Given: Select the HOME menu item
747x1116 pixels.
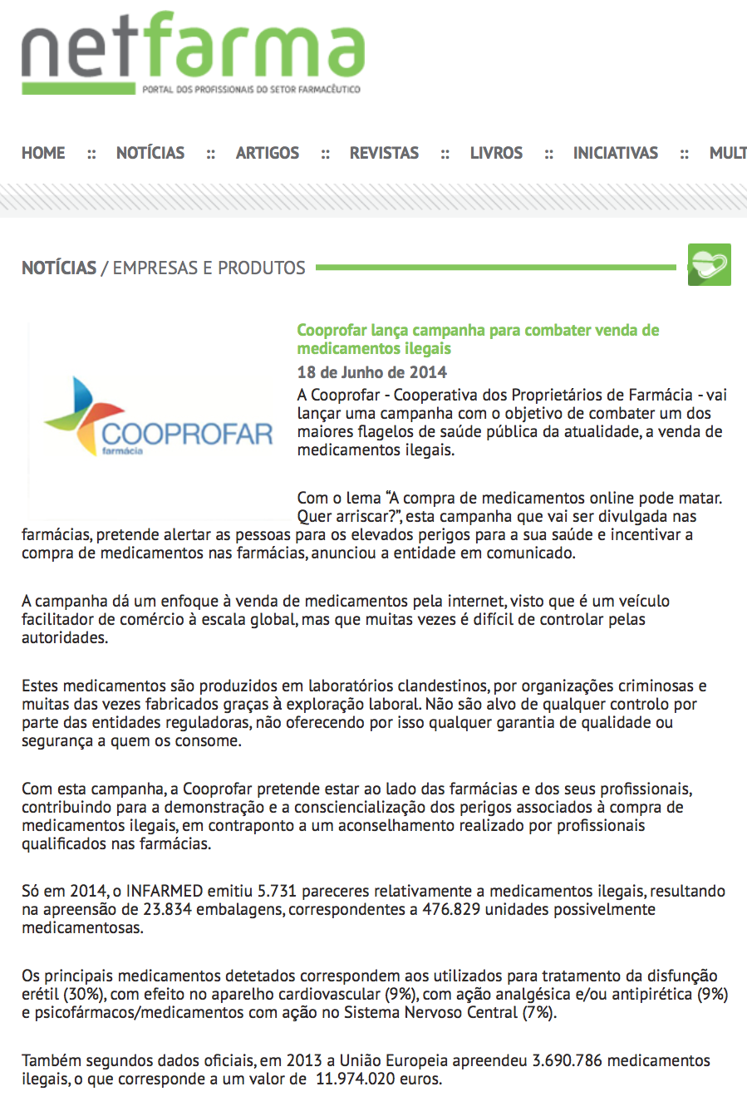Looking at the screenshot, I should click(x=43, y=153).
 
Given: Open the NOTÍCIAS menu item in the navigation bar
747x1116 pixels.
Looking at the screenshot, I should click(x=150, y=153).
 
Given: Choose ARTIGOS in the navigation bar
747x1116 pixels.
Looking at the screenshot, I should click(x=268, y=153).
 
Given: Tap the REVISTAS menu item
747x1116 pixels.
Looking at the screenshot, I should click(x=384, y=153).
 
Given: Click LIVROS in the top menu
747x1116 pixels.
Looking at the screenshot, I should click(x=496, y=153).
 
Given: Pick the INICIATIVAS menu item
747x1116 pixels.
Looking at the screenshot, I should click(x=615, y=153).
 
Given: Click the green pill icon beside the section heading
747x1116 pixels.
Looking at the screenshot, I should click(x=709, y=265).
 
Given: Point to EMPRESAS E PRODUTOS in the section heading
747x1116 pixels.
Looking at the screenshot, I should click(x=209, y=268).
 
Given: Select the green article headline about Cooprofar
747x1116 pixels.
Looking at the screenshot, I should click(x=478, y=339).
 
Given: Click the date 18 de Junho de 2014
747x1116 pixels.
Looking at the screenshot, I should click(x=372, y=372).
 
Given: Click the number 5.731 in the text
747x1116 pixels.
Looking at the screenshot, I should click(x=278, y=892).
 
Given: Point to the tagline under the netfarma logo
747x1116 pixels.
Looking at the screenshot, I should click(x=251, y=89).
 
